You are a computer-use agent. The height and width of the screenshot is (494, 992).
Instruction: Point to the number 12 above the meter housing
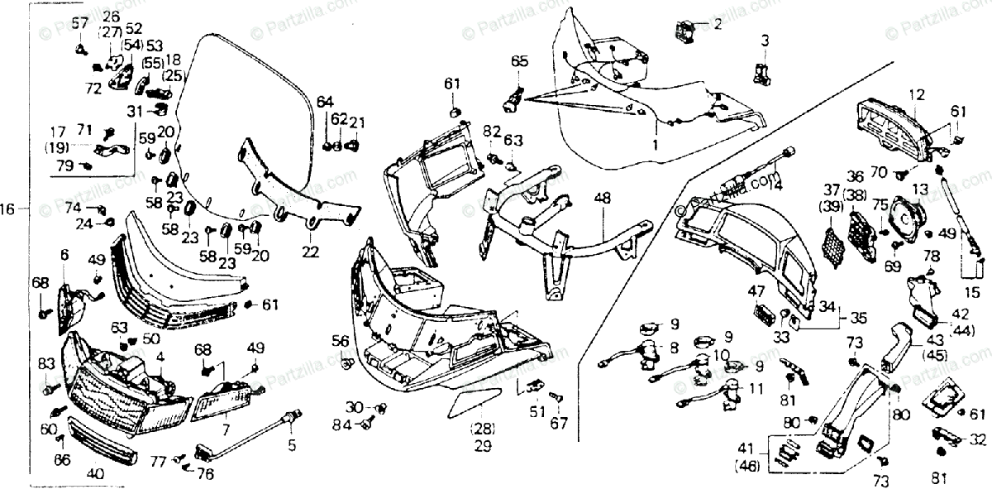916,94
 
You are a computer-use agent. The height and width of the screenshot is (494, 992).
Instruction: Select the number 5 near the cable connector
290,447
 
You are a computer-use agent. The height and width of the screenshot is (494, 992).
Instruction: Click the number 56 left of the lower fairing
341,341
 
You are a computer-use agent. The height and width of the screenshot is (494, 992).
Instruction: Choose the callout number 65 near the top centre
518,61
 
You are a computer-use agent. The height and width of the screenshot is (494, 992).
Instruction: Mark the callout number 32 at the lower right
978,439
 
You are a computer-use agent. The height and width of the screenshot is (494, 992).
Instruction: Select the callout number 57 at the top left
79,22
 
